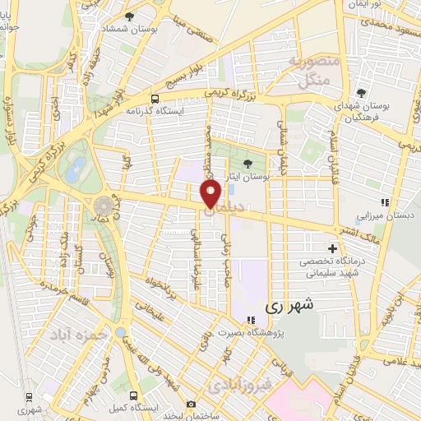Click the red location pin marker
tap(211, 194)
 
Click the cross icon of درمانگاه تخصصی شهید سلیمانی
tap(332, 248)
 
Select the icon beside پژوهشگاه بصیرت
tap(238, 321)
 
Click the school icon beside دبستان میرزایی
tap(382, 202)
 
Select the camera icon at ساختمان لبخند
tap(191, 404)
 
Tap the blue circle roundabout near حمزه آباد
tap(121, 332)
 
